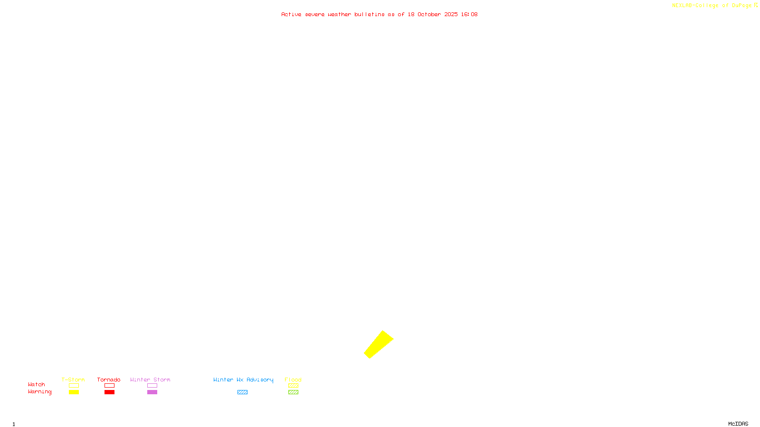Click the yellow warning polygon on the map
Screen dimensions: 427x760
coord(379,344)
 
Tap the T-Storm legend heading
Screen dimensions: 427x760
coord(73,380)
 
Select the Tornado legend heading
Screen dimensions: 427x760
coord(109,380)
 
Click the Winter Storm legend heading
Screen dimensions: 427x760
coord(150,380)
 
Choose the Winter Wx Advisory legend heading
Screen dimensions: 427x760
coord(243,380)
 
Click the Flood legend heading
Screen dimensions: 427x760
coord(293,380)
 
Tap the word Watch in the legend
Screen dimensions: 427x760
coord(37,384)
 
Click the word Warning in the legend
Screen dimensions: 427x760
coord(39,392)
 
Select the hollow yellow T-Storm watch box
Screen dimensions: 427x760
coord(74,386)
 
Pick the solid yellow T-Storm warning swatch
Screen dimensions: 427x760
coord(74,392)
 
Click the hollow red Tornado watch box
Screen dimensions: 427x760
coord(109,386)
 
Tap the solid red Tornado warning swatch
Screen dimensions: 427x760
coord(109,392)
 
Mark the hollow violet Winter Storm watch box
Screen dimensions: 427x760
coord(152,386)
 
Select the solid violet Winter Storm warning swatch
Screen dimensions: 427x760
coord(152,392)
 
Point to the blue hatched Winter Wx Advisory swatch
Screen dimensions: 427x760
coord(242,392)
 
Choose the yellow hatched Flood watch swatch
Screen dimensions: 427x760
coord(293,386)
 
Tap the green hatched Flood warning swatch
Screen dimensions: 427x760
coord(293,392)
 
